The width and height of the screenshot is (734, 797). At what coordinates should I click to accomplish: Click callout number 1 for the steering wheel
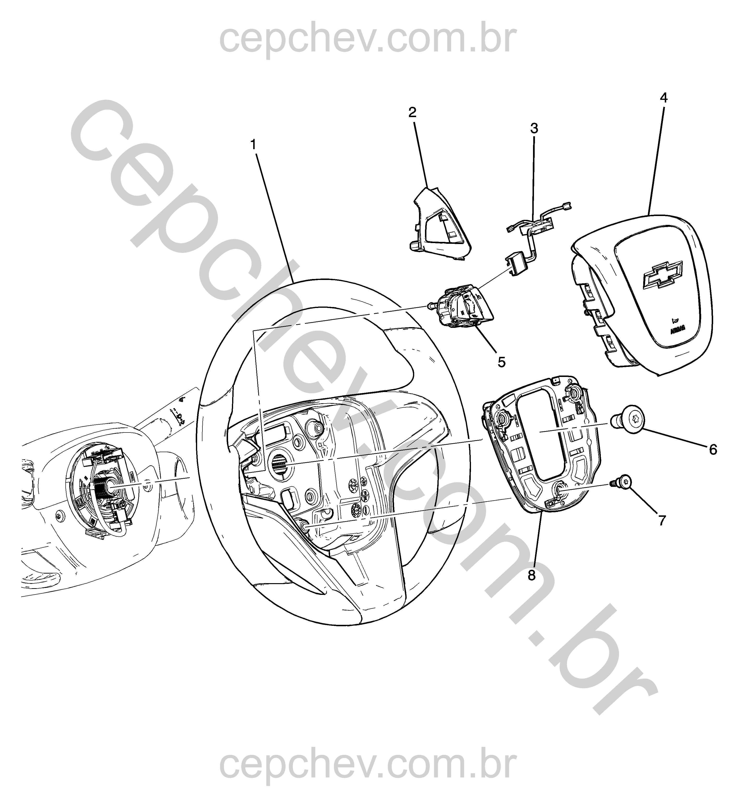[x=253, y=145]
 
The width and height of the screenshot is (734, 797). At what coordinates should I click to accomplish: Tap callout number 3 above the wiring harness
[x=534, y=129]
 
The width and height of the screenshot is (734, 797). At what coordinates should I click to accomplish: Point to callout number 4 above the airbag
[x=664, y=98]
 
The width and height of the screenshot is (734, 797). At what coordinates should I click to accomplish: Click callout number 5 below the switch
[x=502, y=362]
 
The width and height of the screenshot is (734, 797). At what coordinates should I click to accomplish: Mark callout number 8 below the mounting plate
[x=532, y=575]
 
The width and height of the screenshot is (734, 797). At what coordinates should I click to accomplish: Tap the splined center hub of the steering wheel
[x=281, y=463]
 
